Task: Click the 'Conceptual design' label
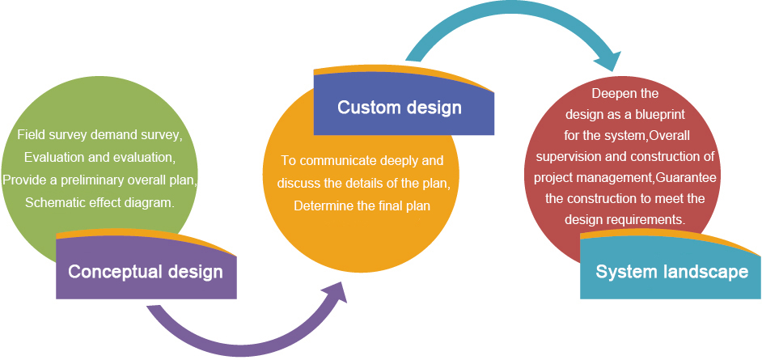(146, 272)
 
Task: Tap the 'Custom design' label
(400, 108)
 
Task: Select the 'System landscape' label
(672, 272)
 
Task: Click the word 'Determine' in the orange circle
(320, 206)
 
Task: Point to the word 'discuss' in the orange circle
(295, 183)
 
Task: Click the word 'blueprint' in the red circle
(661, 115)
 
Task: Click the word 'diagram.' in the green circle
(152, 202)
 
